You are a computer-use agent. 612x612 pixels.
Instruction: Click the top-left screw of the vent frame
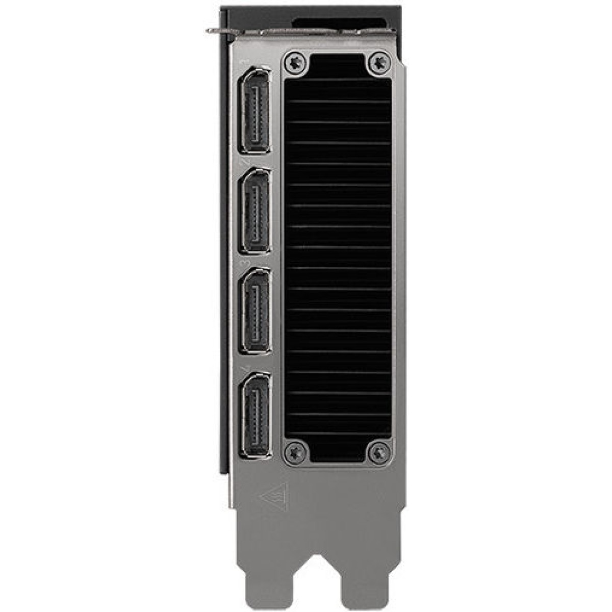tap(296, 64)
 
